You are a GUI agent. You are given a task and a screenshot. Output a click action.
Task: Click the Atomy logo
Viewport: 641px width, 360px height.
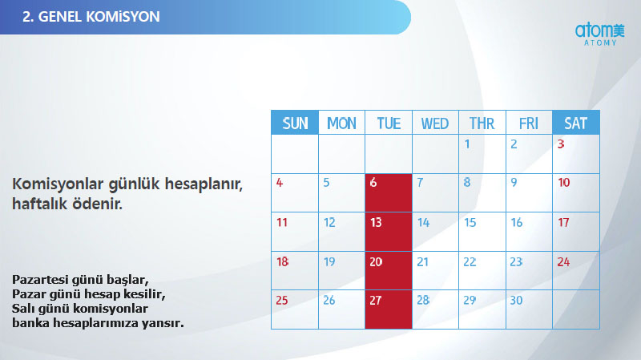pyautogui.click(x=595, y=34)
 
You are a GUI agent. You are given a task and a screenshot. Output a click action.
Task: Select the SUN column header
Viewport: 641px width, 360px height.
pyautogui.click(x=295, y=123)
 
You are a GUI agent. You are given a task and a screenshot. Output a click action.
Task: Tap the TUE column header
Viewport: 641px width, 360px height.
pyautogui.click(x=389, y=123)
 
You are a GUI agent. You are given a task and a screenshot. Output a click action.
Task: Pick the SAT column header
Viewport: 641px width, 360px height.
pyautogui.click(x=575, y=123)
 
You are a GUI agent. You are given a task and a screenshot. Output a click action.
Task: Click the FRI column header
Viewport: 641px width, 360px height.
pyautogui.click(x=529, y=123)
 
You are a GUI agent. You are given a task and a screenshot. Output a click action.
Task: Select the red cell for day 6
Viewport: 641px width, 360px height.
pyautogui.click(x=389, y=193)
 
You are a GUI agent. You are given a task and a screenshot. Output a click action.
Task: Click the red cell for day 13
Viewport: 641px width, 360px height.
pyautogui.click(x=389, y=232)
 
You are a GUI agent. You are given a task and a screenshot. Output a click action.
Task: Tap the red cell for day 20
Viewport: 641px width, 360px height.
pyautogui.click(x=389, y=270)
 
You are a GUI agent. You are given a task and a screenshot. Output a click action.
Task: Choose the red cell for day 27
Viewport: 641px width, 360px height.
pyautogui.click(x=389, y=309)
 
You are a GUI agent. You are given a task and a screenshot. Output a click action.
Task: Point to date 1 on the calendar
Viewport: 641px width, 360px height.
pyautogui.click(x=467, y=144)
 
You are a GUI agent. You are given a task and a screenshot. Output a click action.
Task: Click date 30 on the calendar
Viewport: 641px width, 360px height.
pyautogui.click(x=516, y=301)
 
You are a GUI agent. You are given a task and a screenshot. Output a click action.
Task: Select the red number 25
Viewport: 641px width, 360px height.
pyautogui.click(x=281, y=301)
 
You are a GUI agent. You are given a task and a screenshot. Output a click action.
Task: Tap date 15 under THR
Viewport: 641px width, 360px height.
pyautogui.click(x=470, y=222)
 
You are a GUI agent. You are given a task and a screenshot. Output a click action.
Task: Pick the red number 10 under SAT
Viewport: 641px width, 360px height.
pyautogui.click(x=563, y=183)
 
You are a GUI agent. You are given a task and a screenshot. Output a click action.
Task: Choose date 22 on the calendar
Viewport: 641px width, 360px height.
pyautogui.click(x=470, y=261)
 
